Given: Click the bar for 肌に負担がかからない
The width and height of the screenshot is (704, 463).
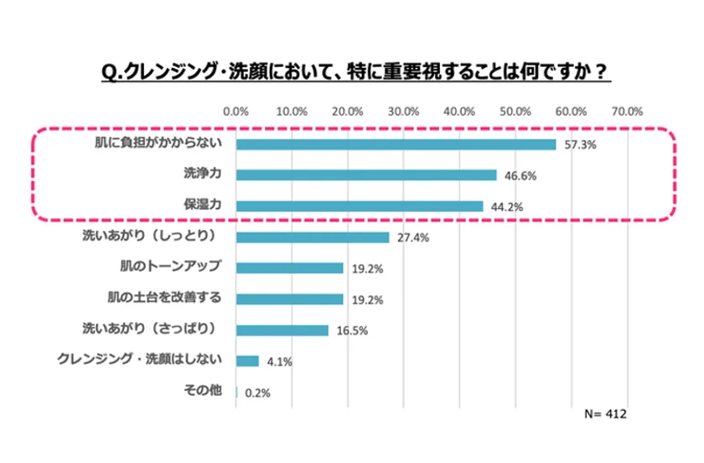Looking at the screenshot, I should (396, 144).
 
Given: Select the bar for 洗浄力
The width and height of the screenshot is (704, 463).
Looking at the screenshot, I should (366, 175).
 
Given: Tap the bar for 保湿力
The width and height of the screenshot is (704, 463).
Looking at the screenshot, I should (360, 206).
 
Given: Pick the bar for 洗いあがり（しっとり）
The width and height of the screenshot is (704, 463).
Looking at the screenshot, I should (313, 237).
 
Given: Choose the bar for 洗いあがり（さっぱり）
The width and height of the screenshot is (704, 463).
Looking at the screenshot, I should (282, 330).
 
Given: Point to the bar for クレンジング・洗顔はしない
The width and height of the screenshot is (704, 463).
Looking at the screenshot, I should (247, 361).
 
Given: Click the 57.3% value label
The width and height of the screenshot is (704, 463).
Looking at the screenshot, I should (579, 145).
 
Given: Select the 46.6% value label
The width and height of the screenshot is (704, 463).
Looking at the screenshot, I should (520, 176).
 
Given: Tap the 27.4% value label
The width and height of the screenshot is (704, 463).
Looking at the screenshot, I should (413, 238).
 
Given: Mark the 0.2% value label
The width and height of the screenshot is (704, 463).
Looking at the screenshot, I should (257, 393).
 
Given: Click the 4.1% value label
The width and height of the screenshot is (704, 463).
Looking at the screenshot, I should (279, 362).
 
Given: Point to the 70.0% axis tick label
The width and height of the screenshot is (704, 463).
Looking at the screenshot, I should (627, 112).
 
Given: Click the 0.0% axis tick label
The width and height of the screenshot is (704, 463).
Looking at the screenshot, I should (236, 112).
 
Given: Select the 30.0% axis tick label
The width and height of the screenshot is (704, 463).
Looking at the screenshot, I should (403, 112).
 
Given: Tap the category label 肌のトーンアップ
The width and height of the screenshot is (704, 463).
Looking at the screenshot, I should (170, 267).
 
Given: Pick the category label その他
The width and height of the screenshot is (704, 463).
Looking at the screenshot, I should (201, 391).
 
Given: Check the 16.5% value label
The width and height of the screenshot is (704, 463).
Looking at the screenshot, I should (352, 330).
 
